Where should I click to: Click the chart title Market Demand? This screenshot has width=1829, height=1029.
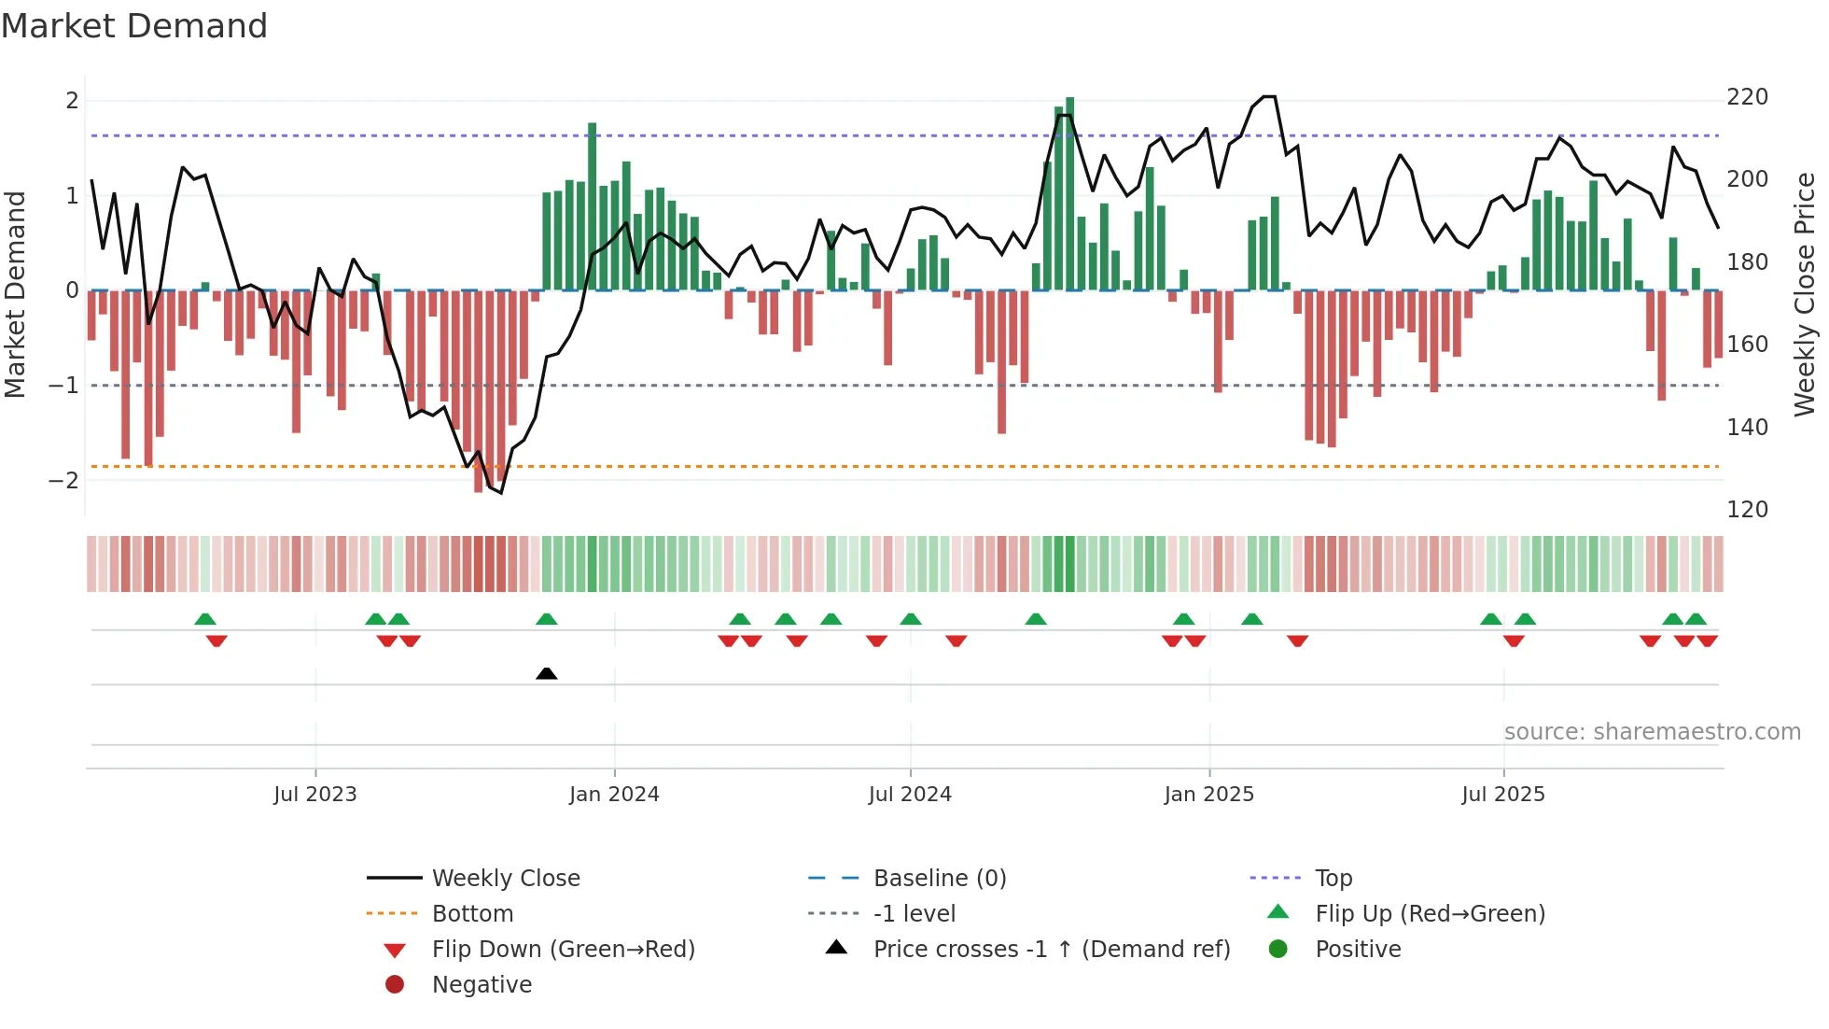tap(134, 26)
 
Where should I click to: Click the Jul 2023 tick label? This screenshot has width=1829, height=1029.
tap(314, 795)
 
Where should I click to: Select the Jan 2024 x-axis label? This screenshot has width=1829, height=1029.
tap(614, 795)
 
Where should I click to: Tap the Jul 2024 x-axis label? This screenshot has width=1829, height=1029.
tap(910, 795)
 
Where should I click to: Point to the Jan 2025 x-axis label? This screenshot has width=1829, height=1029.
tap(1208, 795)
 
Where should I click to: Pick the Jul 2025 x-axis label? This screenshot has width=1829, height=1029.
tap(1503, 795)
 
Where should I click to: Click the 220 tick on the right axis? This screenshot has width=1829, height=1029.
tap(1747, 97)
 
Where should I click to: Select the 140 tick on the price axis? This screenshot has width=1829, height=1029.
tap(1747, 427)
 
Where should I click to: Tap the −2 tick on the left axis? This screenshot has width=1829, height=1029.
tap(63, 481)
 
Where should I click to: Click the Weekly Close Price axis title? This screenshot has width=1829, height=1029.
tap(1805, 294)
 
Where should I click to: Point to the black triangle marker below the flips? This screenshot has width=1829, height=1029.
tap(547, 673)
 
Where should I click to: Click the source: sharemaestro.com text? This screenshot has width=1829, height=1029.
tap(1652, 732)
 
